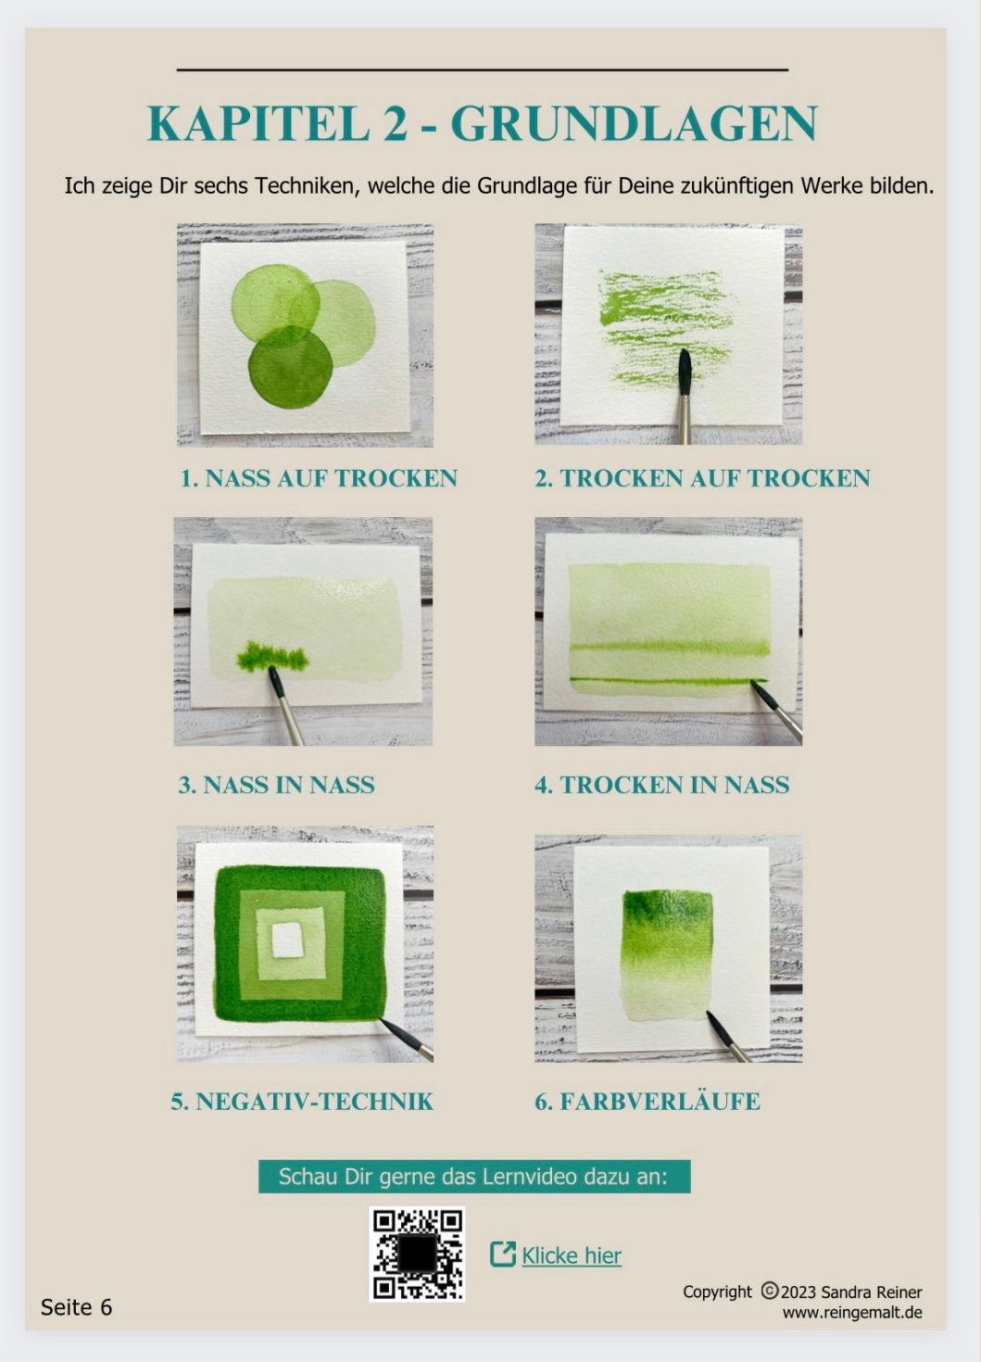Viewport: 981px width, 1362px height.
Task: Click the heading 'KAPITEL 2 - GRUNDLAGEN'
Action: pos(482,124)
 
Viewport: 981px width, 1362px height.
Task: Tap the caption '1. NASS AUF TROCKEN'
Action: pos(319,478)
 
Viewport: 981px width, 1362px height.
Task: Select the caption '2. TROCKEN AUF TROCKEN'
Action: pos(702,478)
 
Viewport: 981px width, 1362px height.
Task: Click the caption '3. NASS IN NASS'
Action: pos(276,785)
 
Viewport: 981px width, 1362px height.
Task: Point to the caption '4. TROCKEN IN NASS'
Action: pos(661,785)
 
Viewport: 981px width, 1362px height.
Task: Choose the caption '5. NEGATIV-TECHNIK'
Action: pos(302,1101)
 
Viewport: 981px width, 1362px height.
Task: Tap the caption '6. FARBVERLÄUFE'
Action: pos(647,1101)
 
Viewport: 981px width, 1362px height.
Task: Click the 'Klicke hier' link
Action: pos(571,1255)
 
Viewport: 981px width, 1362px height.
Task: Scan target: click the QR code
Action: pos(417,1254)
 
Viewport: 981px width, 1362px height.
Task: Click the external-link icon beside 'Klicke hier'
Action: pos(502,1255)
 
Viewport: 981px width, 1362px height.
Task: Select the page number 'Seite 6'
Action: pos(76,1306)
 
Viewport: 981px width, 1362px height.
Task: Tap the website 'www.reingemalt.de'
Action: pos(851,1312)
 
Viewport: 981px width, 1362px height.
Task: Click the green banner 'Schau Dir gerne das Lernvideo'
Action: pos(473,1176)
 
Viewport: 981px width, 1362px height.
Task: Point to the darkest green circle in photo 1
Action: pos(290,369)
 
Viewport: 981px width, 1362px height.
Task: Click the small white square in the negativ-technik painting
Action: pos(288,940)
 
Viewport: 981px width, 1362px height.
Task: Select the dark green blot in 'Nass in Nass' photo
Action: pos(272,658)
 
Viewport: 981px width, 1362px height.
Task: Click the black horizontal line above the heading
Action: pos(482,69)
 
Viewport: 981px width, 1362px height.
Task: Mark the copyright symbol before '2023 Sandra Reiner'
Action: pos(769,1291)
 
